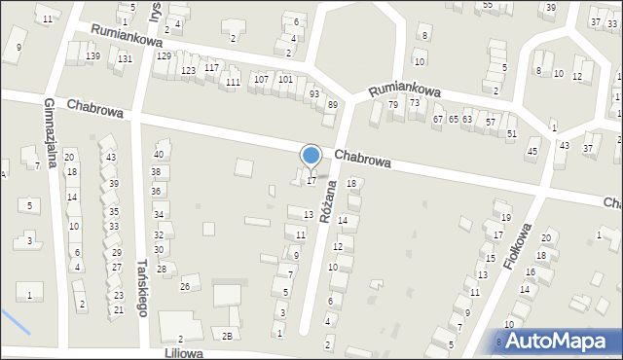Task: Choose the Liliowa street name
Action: pyautogui.click(x=189, y=353)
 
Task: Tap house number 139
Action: pyautogui.click(x=92, y=56)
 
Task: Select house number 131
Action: pyautogui.click(x=125, y=59)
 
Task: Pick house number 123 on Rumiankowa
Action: pyautogui.click(x=188, y=71)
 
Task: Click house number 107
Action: pyautogui.click(x=261, y=79)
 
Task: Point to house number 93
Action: pyautogui.click(x=313, y=93)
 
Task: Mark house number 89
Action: pyautogui.click(x=332, y=105)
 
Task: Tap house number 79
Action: pyautogui.click(x=393, y=104)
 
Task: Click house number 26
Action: pyautogui.click(x=184, y=287)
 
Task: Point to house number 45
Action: pyautogui.click(x=531, y=151)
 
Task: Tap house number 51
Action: pyautogui.click(x=511, y=133)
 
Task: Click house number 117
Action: pyautogui.click(x=211, y=67)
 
